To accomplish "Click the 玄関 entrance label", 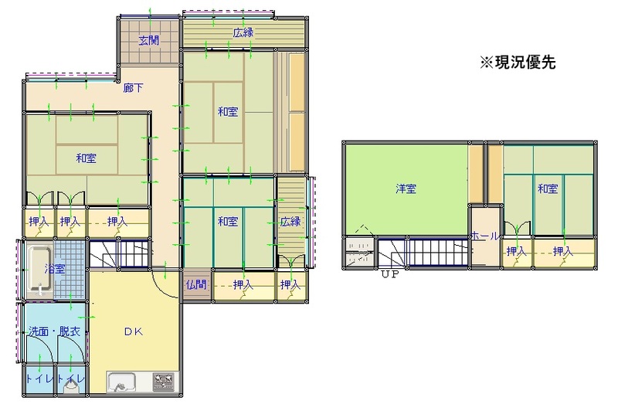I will click(x=150, y=41).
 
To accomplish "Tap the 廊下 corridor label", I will click(x=133, y=88).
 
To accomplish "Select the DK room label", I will click(x=134, y=332).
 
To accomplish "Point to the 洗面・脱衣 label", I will click(x=54, y=331).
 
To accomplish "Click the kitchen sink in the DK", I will click(x=121, y=382).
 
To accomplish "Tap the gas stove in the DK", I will click(x=164, y=382).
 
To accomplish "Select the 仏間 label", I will click(x=196, y=284).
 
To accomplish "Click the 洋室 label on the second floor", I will click(x=406, y=189).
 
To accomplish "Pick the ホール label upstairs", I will click(x=484, y=236).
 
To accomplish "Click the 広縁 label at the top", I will click(x=244, y=32).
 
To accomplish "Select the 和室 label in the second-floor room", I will click(x=548, y=189).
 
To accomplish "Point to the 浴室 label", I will click(x=54, y=269).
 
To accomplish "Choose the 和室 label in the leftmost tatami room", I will click(x=87, y=158).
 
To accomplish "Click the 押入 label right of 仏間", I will click(x=243, y=284).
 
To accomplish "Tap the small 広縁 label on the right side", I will click(x=290, y=221).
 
